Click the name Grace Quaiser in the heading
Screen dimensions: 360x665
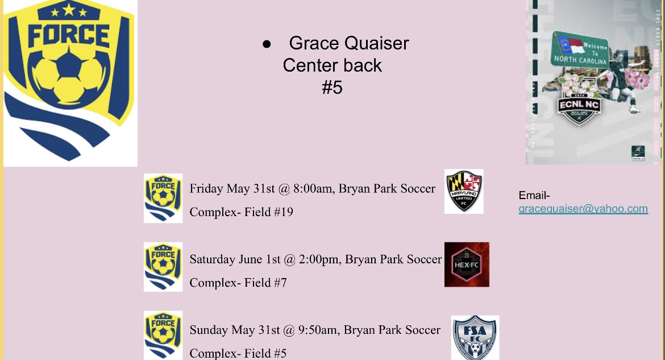tap(348, 43)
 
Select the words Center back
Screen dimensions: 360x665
tap(332, 65)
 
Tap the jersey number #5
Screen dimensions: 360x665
tap(332, 88)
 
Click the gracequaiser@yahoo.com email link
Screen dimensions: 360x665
tap(583, 209)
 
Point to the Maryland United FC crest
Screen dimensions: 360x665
tap(464, 191)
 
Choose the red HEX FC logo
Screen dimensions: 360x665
tap(467, 264)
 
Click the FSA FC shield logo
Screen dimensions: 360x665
tap(475, 338)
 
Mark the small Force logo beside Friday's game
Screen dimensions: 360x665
tap(163, 198)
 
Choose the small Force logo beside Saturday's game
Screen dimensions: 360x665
tap(163, 267)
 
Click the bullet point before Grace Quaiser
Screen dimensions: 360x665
tap(266, 44)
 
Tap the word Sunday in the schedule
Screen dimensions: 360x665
tap(209, 330)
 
